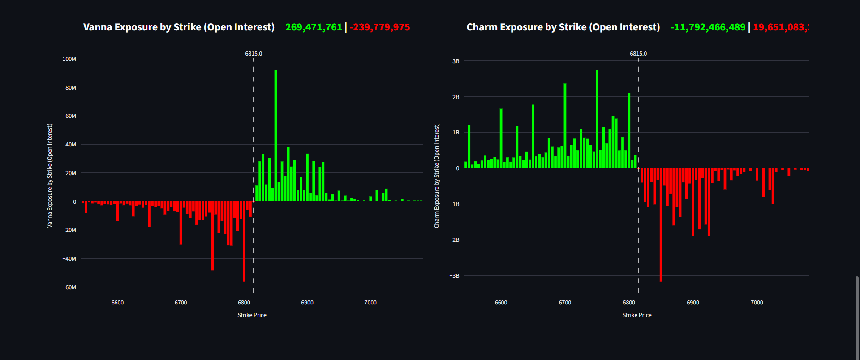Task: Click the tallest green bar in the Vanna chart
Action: tap(275, 134)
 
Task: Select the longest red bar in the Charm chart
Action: tap(661, 224)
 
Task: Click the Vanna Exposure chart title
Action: tap(179, 27)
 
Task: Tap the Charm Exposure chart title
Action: tap(563, 27)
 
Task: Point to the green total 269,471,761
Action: tap(314, 27)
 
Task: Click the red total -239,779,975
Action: tap(380, 27)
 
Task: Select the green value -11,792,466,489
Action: tap(708, 27)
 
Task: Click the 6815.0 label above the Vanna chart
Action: tap(254, 54)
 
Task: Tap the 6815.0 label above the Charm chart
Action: tap(638, 54)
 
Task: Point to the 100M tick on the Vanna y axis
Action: tap(69, 59)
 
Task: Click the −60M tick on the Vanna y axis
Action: tap(69, 287)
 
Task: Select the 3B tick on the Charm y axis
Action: tap(456, 61)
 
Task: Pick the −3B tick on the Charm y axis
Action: tap(455, 276)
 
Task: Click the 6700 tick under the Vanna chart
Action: tap(181, 303)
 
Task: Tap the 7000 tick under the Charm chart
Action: tap(757, 303)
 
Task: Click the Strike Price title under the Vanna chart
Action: tap(252, 315)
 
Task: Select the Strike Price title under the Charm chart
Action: tap(636, 315)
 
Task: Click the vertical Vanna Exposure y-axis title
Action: tap(50, 176)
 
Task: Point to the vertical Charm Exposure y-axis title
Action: tap(437, 176)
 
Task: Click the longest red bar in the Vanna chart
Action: tap(244, 242)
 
